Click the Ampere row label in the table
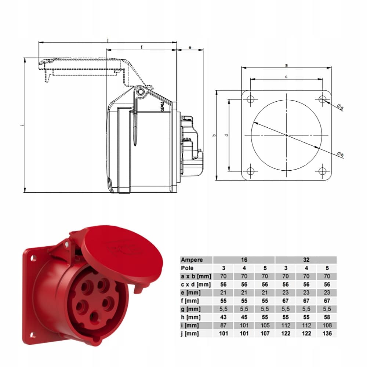click(x=192, y=260)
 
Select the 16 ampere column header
click(x=244, y=260)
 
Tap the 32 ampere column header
click(x=306, y=260)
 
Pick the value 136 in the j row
click(x=328, y=333)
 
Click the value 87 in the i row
click(x=224, y=325)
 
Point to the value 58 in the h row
click(x=328, y=317)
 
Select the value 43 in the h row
click(x=224, y=317)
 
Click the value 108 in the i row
click(x=328, y=325)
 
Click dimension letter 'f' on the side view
click(x=141, y=47)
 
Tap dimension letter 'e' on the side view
click(x=190, y=47)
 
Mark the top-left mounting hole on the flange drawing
click(x=250, y=99)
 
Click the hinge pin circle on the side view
click(x=141, y=92)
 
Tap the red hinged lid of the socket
click(x=121, y=253)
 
